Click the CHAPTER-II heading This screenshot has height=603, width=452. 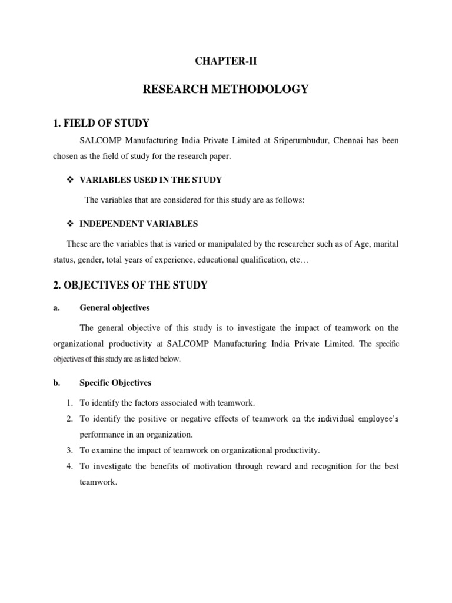226,59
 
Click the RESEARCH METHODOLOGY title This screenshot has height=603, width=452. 225,89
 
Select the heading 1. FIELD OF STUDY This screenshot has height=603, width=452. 101,123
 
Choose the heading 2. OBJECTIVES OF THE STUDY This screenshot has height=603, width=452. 131,286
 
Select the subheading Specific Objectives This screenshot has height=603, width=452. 115,383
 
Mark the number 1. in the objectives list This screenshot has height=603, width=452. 69,403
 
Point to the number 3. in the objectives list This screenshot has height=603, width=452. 69,450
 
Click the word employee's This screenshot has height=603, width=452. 373,419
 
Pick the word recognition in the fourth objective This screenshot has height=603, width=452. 341,466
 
